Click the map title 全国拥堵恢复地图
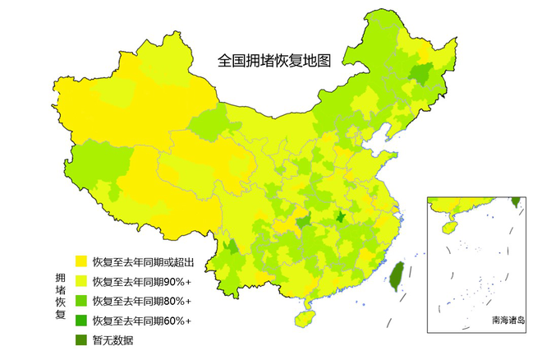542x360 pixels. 273,60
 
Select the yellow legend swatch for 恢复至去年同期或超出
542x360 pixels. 81,261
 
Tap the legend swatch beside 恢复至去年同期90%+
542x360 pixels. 81,281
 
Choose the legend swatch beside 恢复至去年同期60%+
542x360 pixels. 81,320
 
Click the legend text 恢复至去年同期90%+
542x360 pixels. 141,281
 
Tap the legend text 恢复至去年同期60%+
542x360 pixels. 141,320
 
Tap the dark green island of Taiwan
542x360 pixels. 395,276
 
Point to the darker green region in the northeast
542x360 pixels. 422,76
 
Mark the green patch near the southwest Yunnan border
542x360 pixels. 232,247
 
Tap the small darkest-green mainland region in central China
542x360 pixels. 340,218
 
